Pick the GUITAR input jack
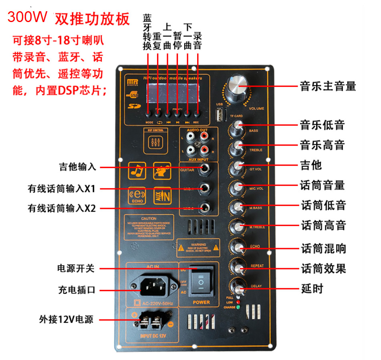[206, 168]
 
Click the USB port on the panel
[220, 116]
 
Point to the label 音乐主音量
[328, 86]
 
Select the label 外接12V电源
[66, 320]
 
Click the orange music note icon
[137, 171]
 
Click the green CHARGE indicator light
[238, 307]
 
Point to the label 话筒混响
[323, 249]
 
